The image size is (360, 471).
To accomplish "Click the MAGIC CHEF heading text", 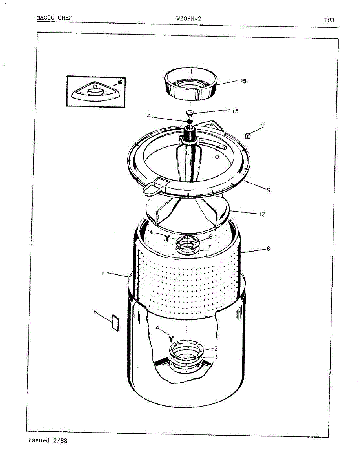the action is click(x=54, y=18).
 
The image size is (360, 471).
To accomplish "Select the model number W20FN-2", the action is click(x=189, y=19).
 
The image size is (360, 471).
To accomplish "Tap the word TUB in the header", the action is click(x=329, y=20).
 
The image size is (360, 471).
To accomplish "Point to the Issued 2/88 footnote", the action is click(x=48, y=440).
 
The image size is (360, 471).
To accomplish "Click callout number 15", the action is click(x=243, y=81).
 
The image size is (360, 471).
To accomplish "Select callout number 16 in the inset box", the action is click(x=119, y=82).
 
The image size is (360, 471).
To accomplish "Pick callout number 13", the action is click(x=235, y=111).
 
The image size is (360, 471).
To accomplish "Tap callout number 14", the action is click(x=148, y=116).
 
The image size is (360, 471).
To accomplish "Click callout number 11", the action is click(x=263, y=124).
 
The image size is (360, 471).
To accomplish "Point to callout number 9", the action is click(x=269, y=190).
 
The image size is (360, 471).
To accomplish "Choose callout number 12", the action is click(x=262, y=214).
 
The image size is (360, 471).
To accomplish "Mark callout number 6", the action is click(x=268, y=249).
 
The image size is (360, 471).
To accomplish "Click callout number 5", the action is click(x=95, y=311).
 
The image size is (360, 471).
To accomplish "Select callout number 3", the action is click(x=216, y=357).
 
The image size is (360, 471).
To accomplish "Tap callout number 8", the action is click(x=211, y=236).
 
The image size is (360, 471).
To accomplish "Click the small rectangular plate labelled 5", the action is click(x=115, y=323).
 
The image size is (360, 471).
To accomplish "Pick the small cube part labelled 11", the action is click(x=248, y=136).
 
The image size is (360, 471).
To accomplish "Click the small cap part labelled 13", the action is click(x=189, y=113).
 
